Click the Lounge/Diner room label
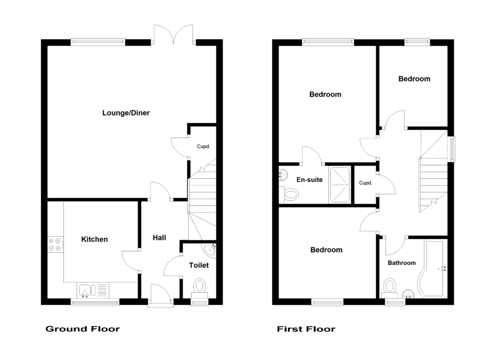pyautogui.click(x=126, y=113)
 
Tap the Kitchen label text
pyautogui.click(x=94, y=240)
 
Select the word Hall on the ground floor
pyautogui.click(x=159, y=238)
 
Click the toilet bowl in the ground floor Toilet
pyautogui.click(x=200, y=286)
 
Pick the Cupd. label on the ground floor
pyautogui.click(x=203, y=147)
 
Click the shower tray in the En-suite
pyautogui.click(x=340, y=184)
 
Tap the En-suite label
pyautogui.click(x=310, y=180)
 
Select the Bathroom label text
pyautogui.click(x=401, y=263)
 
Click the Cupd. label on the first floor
pyautogui.click(x=365, y=183)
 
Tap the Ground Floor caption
pyautogui.click(x=82, y=329)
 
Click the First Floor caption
pyautogui.click(x=306, y=329)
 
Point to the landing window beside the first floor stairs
pyautogui.click(x=452, y=148)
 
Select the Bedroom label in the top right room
pyautogui.click(x=414, y=79)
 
